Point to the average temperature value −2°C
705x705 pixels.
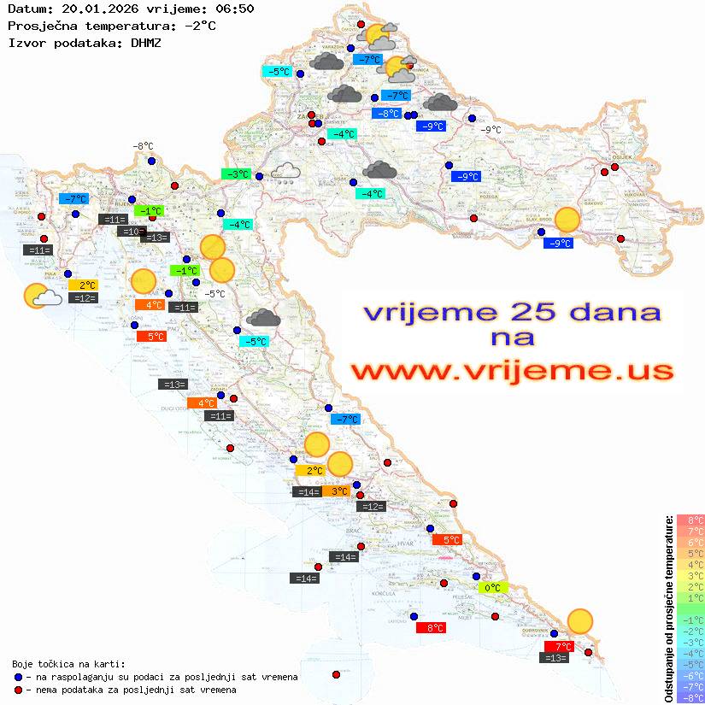point(199,26)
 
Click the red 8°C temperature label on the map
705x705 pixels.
point(430,628)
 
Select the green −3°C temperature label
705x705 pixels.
point(236,174)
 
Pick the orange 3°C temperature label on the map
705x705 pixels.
point(338,491)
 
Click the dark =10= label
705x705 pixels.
point(132,232)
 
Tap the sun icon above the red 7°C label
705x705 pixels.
point(580,621)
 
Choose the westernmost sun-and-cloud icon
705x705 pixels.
point(40,297)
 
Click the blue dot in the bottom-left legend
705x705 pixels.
point(19,677)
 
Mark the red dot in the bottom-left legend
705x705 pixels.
point(19,690)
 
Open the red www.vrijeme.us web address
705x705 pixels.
point(512,370)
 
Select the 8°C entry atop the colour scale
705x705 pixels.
point(690,520)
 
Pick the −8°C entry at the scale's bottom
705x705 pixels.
point(690,697)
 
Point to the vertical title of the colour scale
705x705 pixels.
point(668,609)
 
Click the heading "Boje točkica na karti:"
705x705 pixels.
point(68,663)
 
